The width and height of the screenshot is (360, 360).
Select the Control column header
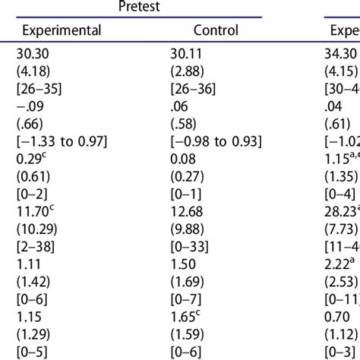pyautogui.click(x=216, y=30)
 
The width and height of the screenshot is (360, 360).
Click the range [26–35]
pyautogui.click(x=38, y=88)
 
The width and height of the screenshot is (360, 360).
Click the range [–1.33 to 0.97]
pyautogui.click(x=64, y=141)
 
